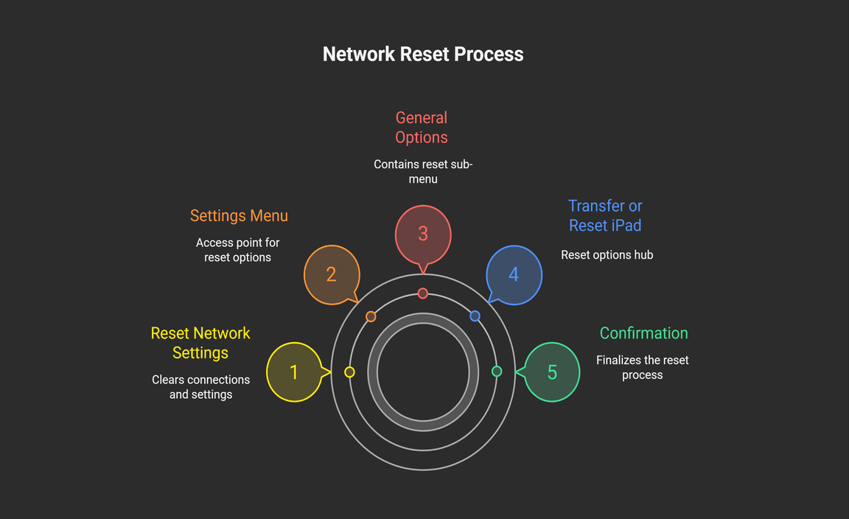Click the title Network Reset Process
(423, 55)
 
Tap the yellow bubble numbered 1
(293, 372)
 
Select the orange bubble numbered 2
(331, 274)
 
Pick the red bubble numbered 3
(422, 233)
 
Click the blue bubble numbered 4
(514, 274)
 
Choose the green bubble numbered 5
(552, 372)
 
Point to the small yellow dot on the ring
(349, 372)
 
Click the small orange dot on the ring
(371, 316)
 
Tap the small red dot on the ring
(422, 293)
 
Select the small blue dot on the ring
(475, 316)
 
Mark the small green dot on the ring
(496, 372)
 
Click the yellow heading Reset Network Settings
(200, 343)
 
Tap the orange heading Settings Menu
(239, 216)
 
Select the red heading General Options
(422, 128)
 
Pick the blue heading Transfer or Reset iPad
(605, 216)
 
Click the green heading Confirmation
(643, 333)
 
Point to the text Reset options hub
(607, 255)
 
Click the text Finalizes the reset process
(642, 368)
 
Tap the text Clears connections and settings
(201, 387)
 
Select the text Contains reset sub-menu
(423, 172)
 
